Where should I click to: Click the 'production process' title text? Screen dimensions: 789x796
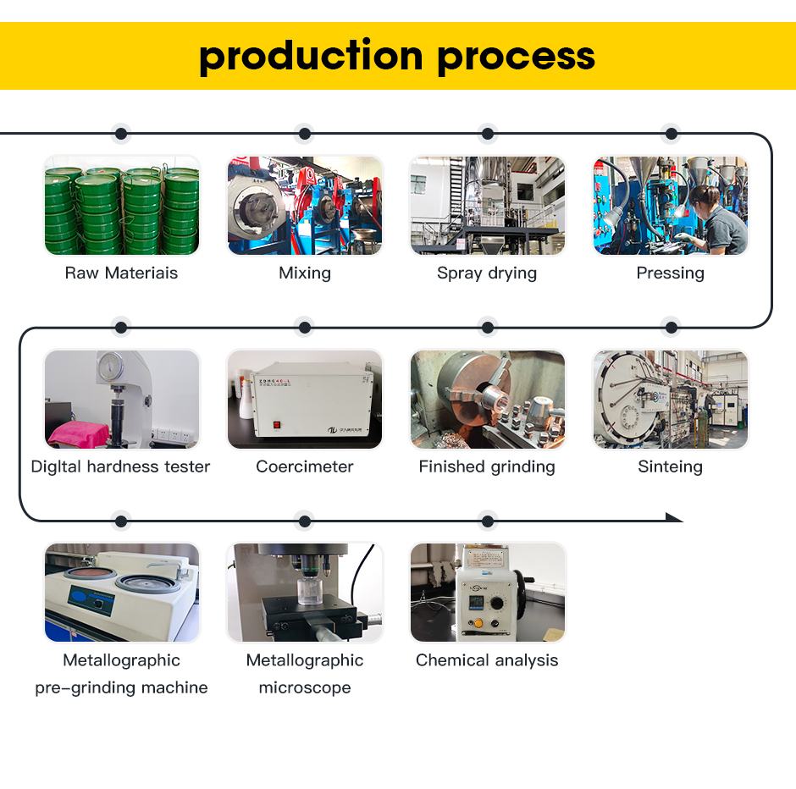[x=397, y=56]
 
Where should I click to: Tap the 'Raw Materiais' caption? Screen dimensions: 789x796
[x=121, y=273]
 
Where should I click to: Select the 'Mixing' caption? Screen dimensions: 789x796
[x=305, y=273]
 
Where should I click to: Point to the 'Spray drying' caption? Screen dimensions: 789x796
[x=487, y=273]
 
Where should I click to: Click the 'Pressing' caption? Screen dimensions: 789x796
[x=670, y=273]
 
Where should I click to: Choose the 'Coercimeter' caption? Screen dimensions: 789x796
[x=305, y=466]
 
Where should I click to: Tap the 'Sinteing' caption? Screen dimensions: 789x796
[x=670, y=466]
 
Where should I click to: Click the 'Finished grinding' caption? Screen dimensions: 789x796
[x=487, y=466]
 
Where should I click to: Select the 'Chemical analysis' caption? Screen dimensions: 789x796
[x=487, y=660]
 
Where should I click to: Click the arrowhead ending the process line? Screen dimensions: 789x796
[x=674, y=518]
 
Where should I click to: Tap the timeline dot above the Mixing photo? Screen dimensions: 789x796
[x=305, y=134]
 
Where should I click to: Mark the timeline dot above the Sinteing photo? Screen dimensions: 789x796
[x=671, y=327]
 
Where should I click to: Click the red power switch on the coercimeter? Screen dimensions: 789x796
[x=275, y=426]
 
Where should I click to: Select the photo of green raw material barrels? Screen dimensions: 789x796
[x=121, y=206]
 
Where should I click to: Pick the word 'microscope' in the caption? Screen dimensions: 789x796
[x=305, y=687]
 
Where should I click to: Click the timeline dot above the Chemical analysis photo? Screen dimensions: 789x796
[x=487, y=521]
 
